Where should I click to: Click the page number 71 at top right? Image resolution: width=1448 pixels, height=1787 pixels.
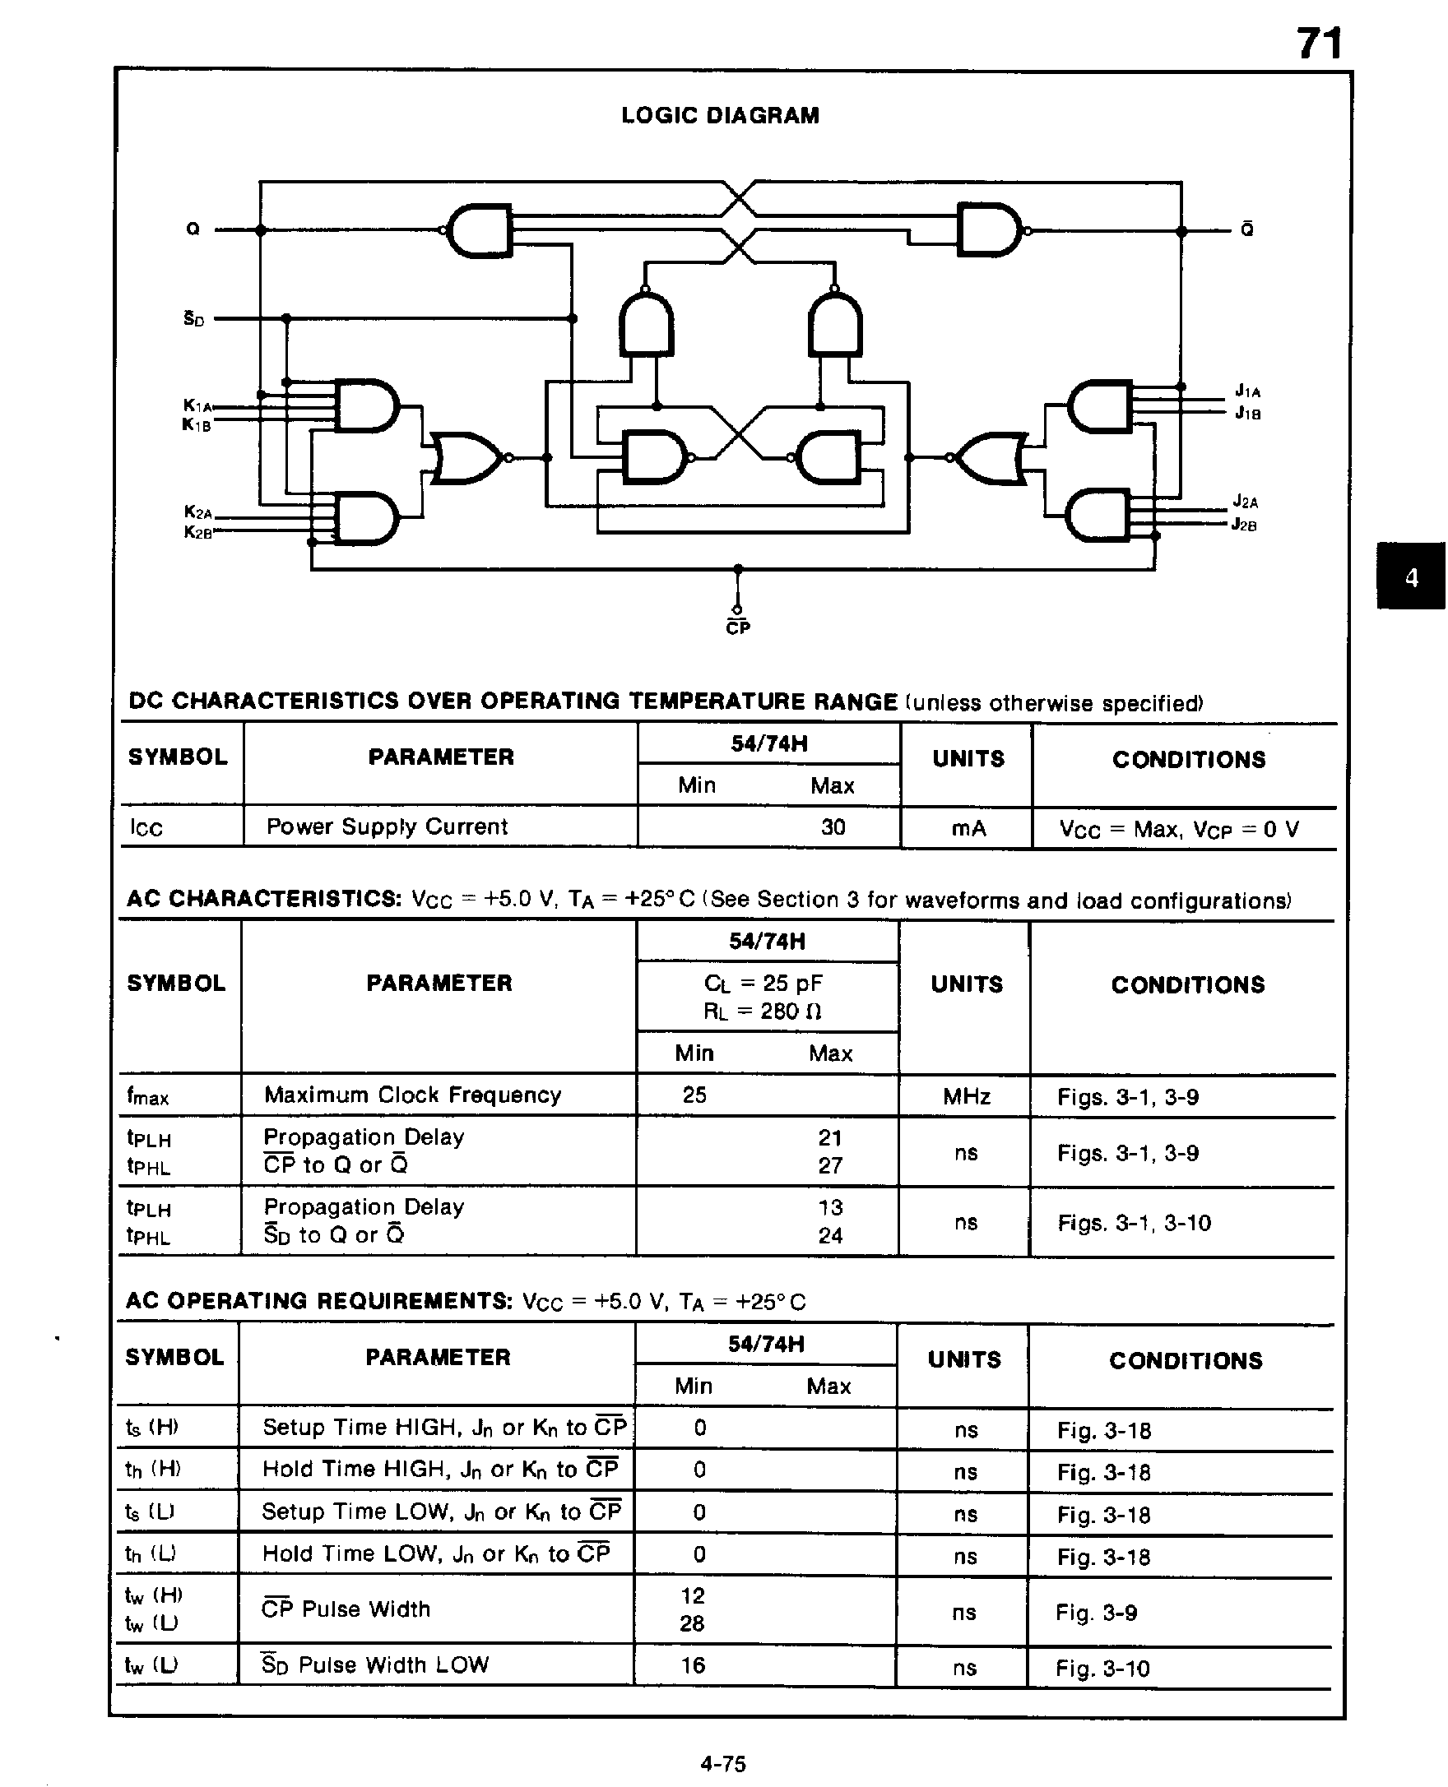[1319, 44]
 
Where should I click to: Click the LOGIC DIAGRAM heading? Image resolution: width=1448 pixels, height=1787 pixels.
[720, 115]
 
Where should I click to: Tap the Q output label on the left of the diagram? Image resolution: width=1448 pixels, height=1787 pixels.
[193, 229]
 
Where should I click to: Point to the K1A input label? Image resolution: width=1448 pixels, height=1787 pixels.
[197, 405]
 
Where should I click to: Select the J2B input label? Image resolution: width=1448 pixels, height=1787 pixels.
[1244, 525]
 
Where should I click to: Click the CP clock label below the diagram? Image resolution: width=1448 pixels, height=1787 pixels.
[738, 627]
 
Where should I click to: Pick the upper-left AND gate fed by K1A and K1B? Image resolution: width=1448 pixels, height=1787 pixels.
[364, 406]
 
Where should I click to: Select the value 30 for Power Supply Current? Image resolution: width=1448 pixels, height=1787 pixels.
[833, 827]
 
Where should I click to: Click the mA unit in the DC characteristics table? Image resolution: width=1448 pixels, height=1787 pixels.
[968, 828]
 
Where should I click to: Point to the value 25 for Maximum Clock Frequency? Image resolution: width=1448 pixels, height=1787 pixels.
[694, 1095]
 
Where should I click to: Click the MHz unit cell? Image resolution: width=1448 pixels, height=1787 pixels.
[966, 1096]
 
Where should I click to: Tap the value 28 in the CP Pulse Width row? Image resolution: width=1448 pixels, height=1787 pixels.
[692, 1623]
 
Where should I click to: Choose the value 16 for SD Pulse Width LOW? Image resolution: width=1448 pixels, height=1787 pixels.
[692, 1665]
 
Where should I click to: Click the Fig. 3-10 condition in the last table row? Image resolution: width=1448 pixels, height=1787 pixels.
[1102, 1668]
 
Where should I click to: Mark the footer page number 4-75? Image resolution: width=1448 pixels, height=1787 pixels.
[723, 1764]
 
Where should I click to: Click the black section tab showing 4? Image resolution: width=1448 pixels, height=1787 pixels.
[1410, 577]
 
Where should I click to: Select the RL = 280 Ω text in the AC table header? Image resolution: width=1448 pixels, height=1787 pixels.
[763, 1012]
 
